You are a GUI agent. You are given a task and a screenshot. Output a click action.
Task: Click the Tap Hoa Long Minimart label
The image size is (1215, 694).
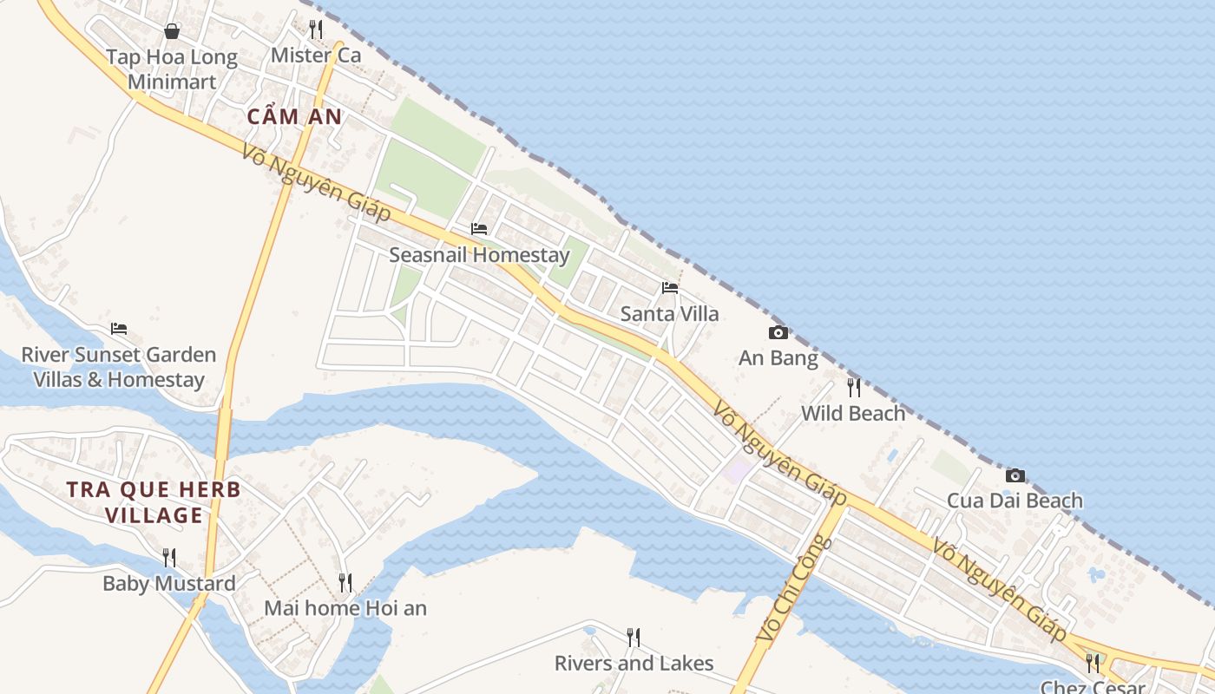(x=171, y=69)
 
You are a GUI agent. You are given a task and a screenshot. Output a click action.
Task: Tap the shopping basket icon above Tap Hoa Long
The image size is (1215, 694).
(x=172, y=31)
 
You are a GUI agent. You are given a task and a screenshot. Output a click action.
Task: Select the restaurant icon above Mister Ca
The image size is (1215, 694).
(x=316, y=29)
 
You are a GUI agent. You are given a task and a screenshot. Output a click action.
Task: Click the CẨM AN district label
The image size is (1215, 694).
(x=294, y=116)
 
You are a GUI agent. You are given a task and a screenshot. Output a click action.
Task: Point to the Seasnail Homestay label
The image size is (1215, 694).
(x=479, y=255)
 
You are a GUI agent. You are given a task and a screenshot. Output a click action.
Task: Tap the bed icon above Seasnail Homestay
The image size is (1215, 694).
(x=479, y=229)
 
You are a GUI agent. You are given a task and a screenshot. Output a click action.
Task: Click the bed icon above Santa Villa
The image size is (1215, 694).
(x=670, y=288)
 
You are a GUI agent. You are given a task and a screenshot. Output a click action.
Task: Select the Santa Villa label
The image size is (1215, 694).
(x=669, y=314)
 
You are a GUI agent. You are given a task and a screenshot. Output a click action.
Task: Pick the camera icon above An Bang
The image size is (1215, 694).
(x=778, y=332)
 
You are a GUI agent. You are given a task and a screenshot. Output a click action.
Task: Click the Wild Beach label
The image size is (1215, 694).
(x=853, y=414)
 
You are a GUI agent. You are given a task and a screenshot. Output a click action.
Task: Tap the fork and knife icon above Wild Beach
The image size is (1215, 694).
(x=854, y=387)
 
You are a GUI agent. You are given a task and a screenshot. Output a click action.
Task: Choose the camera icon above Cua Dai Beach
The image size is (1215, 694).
(x=1015, y=475)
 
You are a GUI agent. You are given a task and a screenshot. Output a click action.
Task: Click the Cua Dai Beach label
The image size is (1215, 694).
(x=1015, y=501)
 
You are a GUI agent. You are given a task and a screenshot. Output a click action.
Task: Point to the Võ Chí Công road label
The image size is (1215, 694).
(x=793, y=590)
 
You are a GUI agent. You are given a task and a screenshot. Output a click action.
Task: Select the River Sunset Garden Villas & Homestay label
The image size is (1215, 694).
(x=119, y=367)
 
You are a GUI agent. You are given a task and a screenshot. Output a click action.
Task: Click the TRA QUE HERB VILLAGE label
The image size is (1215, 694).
(x=154, y=502)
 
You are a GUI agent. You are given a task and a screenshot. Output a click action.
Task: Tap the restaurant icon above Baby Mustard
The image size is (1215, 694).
(x=169, y=557)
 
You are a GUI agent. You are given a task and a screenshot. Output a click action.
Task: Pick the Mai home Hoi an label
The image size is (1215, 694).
(x=345, y=608)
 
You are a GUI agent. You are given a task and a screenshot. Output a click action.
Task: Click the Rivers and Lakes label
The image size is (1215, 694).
(x=634, y=664)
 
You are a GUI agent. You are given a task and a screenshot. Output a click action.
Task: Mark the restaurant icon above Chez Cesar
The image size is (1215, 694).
(x=1093, y=664)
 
